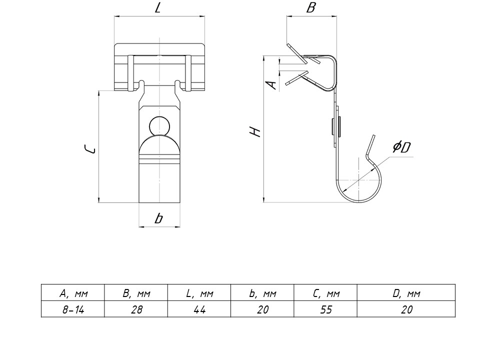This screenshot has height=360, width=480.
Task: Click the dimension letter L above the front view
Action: click(x=158, y=9)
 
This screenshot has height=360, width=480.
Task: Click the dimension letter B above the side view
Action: click(x=310, y=8)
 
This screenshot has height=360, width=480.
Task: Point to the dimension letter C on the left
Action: click(x=89, y=149)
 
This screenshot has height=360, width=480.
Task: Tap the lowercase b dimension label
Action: click(x=158, y=218)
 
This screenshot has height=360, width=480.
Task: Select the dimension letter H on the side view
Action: click(x=255, y=132)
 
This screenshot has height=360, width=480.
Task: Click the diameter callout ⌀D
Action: click(x=401, y=147)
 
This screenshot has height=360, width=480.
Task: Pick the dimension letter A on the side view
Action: click(x=271, y=84)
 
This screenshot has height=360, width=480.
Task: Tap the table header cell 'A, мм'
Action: click(x=73, y=293)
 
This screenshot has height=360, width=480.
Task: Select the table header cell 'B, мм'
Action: click(x=136, y=293)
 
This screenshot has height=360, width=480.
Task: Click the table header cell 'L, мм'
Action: click(x=199, y=293)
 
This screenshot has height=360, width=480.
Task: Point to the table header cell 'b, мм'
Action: click(x=262, y=293)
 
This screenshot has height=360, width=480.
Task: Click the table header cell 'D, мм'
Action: click(x=406, y=293)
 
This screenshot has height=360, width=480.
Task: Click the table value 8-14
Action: click(x=73, y=310)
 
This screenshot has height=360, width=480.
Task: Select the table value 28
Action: click(x=136, y=310)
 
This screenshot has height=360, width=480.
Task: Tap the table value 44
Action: click(x=199, y=310)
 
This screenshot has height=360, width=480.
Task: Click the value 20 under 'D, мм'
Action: click(x=406, y=310)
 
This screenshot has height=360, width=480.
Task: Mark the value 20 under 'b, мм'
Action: click(x=262, y=310)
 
